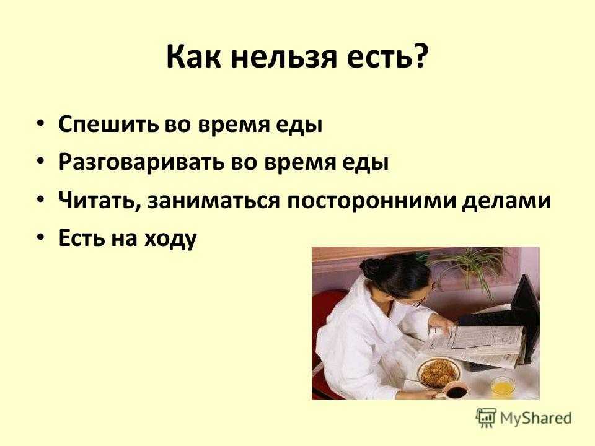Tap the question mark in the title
pyautogui.click(x=420, y=56)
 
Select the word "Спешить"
pyautogui.click(x=108, y=125)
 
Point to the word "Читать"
pyautogui.click(x=99, y=200)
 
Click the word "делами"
pyautogui.click(x=506, y=201)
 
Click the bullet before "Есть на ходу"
pyautogui.click(x=41, y=237)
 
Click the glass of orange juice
pyautogui.click(x=503, y=387)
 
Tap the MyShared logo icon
pyautogui.click(x=486, y=418)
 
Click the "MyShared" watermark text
pyautogui.click(x=535, y=418)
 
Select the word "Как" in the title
pyautogui.click(x=193, y=57)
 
